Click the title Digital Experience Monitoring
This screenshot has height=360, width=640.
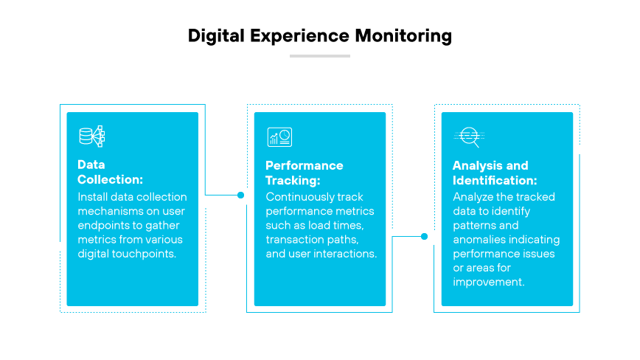tap(319, 35)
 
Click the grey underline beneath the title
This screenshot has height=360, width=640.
tap(319, 55)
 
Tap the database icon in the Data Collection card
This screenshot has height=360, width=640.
tap(92, 136)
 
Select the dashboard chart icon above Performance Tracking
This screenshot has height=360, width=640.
tap(279, 137)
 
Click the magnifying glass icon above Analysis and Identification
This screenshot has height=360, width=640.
tap(467, 136)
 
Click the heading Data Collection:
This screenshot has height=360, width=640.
tap(111, 172)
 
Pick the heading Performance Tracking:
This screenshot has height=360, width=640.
tap(305, 172)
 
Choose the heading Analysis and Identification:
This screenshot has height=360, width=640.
tap(495, 172)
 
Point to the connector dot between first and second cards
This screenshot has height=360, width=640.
tap(240, 195)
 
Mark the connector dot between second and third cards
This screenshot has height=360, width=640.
tap(424, 237)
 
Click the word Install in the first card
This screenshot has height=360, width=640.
tap(91, 197)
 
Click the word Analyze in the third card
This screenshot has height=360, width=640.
tap(474, 197)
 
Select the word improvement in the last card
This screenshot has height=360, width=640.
tap(488, 283)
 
